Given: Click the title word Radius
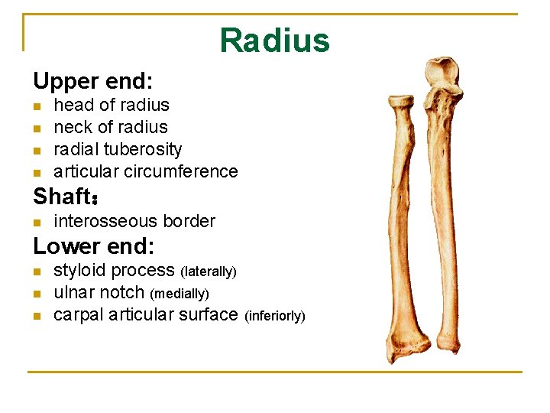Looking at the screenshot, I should tap(274, 40).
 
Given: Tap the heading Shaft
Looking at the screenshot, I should tap(63, 197).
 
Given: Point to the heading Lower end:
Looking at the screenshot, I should tap(94, 246).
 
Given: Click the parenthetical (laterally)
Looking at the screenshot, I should tap(209, 272).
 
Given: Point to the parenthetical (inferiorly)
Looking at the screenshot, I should tap(274, 316).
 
